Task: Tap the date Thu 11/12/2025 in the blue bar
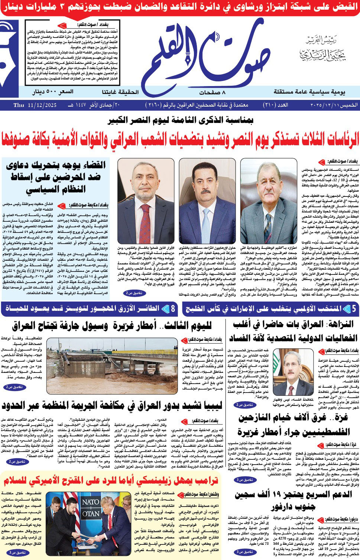[x=35, y=105]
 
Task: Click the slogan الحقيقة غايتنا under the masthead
[x=120, y=92]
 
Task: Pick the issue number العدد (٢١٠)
[x=276, y=105]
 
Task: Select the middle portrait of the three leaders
[x=207, y=201]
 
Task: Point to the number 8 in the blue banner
[x=173, y=309]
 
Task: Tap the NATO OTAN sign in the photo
[x=90, y=508]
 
